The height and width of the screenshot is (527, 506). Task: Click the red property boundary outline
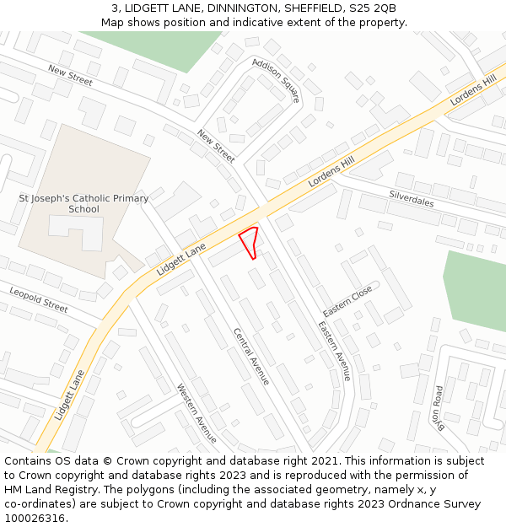(x=249, y=242)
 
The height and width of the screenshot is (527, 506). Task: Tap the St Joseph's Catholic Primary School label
(x=83, y=203)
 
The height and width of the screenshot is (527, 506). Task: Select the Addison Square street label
(x=276, y=81)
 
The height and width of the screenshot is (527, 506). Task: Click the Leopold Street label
(x=39, y=299)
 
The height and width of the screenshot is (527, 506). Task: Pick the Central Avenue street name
(x=251, y=356)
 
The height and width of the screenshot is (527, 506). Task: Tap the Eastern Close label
(x=347, y=301)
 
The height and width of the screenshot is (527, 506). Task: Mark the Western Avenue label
(x=196, y=413)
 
